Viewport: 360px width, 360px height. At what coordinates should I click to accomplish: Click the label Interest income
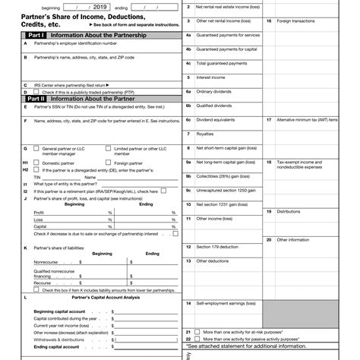(x=212, y=77)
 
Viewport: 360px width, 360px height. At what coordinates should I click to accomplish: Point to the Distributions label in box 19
(x=289, y=212)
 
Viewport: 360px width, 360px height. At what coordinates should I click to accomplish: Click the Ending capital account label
(x=56, y=346)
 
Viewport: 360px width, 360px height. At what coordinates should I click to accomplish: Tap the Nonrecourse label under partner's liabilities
(x=46, y=261)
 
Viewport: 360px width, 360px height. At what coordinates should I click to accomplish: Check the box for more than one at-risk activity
(x=198, y=332)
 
